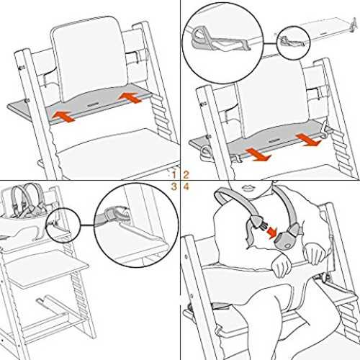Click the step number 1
(x=174, y=174)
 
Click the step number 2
(x=186, y=174)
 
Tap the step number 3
(x=174, y=186)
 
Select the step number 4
(x=186, y=186)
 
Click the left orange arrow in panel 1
(x=63, y=117)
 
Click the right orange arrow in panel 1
(x=129, y=98)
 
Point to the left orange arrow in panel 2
(x=258, y=155)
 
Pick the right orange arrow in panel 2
(x=308, y=140)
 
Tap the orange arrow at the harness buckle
(x=272, y=233)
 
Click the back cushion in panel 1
(x=89, y=60)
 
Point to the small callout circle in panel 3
(x=63, y=225)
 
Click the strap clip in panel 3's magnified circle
(x=115, y=215)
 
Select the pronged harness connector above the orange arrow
(x=257, y=221)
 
